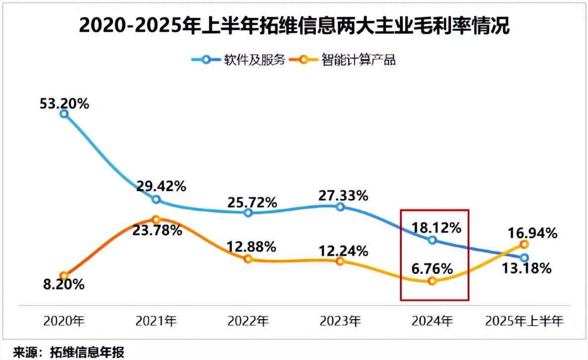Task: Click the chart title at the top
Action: [294, 26]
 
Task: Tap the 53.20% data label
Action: [64, 104]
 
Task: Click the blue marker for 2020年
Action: [64, 114]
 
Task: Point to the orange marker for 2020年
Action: [64, 275]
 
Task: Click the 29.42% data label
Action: [162, 186]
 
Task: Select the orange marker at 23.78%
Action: [156, 219]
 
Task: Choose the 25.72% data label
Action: [252, 202]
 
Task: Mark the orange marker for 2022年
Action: [248, 259]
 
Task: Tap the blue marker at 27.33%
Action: [340, 206]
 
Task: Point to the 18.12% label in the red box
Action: [437, 228]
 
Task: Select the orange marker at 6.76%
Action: [432, 281]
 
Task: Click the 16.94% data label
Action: [532, 233]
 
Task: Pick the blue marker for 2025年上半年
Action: [524, 258]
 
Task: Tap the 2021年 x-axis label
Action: [156, 322]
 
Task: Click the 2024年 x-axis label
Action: [432, 322]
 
